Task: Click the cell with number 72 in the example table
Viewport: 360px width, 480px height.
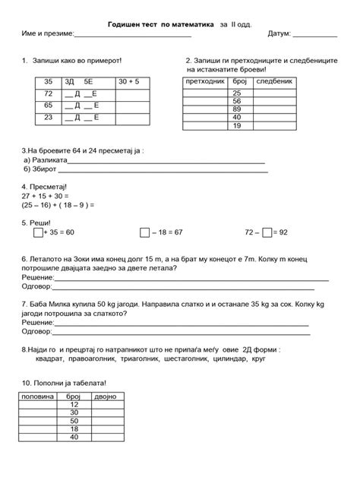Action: [x=48, y=93]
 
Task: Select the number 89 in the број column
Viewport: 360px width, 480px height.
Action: [x=237, y=109]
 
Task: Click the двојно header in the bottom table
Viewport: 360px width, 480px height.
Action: [x=106, y=396]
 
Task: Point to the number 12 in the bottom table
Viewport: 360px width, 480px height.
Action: [x=74, y=404]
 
